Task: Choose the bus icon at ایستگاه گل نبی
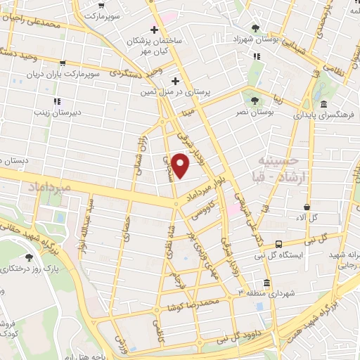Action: [x=280, y=244]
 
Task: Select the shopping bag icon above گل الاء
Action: [x=307, y=207]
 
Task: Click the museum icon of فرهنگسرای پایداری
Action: [x=323, y=104]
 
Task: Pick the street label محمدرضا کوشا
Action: [x=192, y=304]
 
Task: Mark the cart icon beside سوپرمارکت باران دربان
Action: [x=64, y=64]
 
